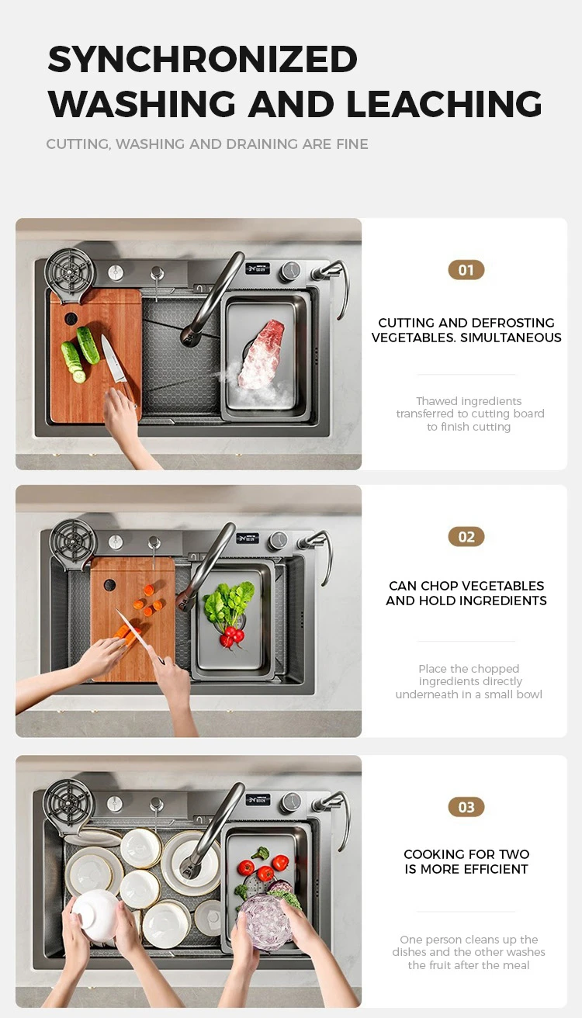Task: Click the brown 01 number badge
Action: pyautogui.click(x=466, y=270)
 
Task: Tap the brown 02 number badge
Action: pyautogui.click(x=466, y=537)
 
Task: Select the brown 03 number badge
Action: pyautogui.click(x=466, y=807)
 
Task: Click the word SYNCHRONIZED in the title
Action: pyautogui.click(x=203, y=59)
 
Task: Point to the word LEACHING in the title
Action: pyautogui.click(x=444, y=104)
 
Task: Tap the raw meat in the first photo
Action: pyautogui.click(x=262, y=354)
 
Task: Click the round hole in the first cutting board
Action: pyautogui.click(x=71, y=318)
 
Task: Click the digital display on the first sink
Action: pyautogui.click(x=258, y=269)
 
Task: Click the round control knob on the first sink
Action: pyautogui.click(x=289, y=271)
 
